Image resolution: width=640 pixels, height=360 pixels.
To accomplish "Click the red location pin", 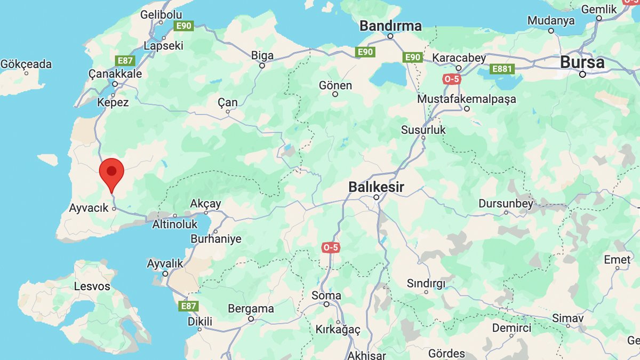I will pos(111,172).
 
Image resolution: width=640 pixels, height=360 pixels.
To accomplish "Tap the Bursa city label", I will pos(582,62).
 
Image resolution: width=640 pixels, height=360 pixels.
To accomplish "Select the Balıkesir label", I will pos(376,187).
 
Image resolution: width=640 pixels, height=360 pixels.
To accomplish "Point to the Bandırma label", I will pos(390,26).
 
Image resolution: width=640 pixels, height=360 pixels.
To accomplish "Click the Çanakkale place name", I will pos(115,74).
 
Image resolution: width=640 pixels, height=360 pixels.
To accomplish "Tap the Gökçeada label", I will pos(26,65).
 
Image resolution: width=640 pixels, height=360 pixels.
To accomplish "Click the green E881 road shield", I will pos(502,69).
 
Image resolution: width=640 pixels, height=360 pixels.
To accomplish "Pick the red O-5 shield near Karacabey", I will pos(451,79).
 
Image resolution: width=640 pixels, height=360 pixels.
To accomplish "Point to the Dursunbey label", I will pos(506,203).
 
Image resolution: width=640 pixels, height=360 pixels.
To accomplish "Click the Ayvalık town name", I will pos(165,263).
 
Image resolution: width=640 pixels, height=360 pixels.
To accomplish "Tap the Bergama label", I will pos(251,309).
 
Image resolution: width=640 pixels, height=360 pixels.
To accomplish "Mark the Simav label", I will pos(567,318).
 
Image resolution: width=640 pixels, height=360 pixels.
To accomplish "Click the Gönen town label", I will pos(335,85).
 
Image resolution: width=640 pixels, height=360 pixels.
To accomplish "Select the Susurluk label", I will pos(423,130).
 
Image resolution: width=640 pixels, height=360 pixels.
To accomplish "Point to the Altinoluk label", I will pos(175,225).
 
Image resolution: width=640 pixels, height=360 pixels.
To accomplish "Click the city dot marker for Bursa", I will pos(582,74).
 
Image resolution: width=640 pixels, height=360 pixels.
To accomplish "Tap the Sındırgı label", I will pos(426,283).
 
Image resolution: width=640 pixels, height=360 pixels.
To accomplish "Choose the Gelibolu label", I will pos(161,15).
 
